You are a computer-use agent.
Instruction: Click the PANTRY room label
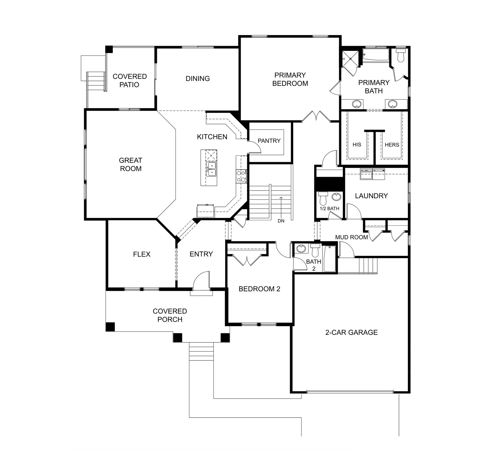pos(269,141)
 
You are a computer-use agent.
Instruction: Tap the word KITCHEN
pos(212,137)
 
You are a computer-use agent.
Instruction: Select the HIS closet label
pos(357,145)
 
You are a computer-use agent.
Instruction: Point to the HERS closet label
pos(392,145)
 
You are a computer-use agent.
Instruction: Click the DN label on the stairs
pos(281,221)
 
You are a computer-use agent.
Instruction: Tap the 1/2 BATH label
pos(329,209)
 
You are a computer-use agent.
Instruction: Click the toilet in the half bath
pos(322,198)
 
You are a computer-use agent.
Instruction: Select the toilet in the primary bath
pos(401,55)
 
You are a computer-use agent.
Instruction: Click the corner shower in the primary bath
pos(349,59)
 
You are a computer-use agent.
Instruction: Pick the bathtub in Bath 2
pos(330,259)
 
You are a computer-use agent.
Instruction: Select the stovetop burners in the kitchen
pos(241,176)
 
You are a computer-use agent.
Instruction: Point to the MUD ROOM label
pos(352,237)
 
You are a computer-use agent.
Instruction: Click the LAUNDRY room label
pos(371,196)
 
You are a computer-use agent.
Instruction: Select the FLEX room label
pos(142,254)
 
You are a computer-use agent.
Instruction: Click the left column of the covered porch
pos(110,327)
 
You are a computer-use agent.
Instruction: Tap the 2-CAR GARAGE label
pos(351,332)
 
